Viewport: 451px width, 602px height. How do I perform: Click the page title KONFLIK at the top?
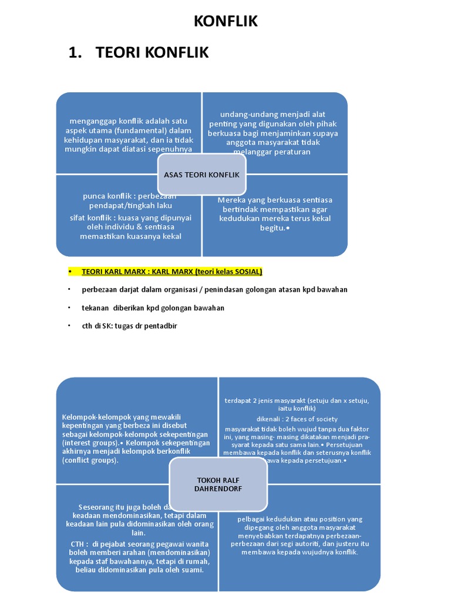(225, 22)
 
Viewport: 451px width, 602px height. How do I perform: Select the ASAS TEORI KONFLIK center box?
(202, 175)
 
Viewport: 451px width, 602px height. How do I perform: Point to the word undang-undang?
(242, 114)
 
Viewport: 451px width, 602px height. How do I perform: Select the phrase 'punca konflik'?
(103, 196)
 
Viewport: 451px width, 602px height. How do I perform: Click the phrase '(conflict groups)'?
(90, 460)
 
